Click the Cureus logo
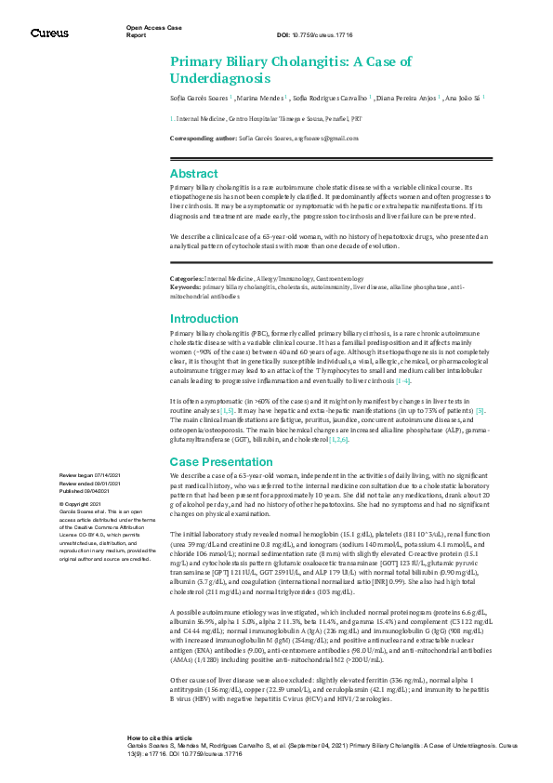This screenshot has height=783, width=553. point(49,33)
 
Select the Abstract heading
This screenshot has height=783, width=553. point(194,174)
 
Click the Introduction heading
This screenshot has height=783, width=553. point(204,319)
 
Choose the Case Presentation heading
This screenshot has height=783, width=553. point(220,462)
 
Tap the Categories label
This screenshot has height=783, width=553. point(186,278)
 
